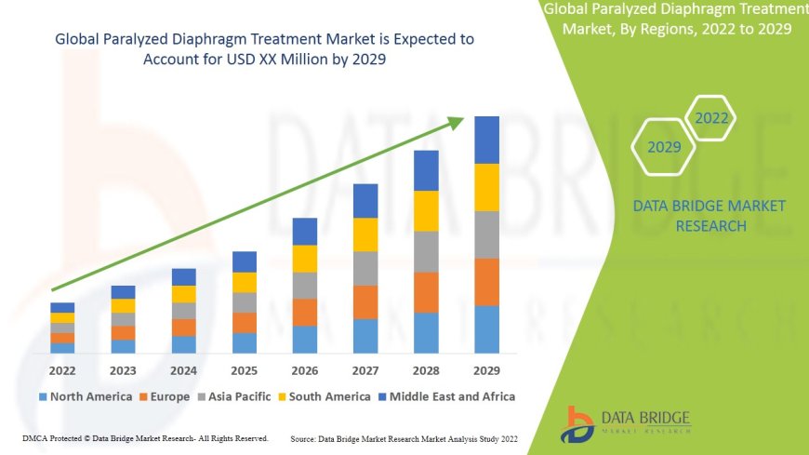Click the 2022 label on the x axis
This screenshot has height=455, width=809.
(x=62, y=371)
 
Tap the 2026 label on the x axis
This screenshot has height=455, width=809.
(x=305, y=371)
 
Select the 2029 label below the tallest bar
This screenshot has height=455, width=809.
(x=486, y=371)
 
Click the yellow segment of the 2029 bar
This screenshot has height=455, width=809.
(x=486, y=187)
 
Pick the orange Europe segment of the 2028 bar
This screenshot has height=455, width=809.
(x=426, y=292)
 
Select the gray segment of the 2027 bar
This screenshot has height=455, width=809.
(x=365, y=268)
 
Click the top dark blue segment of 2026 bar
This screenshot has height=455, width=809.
(x=305, y=232)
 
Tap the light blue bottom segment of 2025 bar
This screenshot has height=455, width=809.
(x=245, y=343)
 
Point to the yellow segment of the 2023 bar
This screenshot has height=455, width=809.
(x=123, y=305)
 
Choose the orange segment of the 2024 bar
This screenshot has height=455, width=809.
(x=184, y=327)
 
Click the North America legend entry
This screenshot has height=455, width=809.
(x=85, y=396)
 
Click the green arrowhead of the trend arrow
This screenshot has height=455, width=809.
(x=456, y=123)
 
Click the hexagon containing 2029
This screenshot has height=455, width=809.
(x=664, y=147)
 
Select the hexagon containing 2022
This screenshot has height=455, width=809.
(x=711, y=118)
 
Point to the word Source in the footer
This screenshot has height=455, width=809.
(x=306, y=437)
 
